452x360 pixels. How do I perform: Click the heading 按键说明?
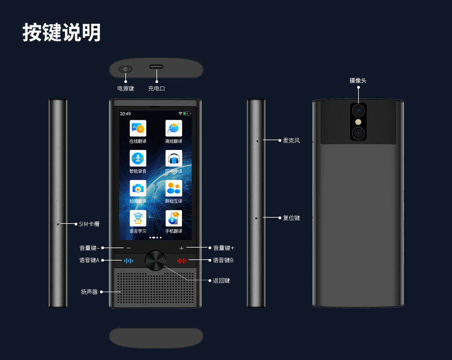point(62,32)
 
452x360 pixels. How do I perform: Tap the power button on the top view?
point(125,70)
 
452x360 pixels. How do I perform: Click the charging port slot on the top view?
point(156,67)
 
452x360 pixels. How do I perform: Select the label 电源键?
point(125,89)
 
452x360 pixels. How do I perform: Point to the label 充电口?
point(157,89)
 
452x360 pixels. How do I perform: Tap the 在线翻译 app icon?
point(138,128)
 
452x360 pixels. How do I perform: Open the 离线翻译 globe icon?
point(173,128)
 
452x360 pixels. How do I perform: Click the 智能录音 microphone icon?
point(138,158)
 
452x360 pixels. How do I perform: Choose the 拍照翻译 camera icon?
point(138,188)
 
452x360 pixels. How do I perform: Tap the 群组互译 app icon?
point(173,188)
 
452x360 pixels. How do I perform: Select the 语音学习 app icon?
point(138,218)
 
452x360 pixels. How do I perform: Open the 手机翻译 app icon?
point(173,218)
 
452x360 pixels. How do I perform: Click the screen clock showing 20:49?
point(125,114)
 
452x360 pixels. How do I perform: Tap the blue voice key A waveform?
point(129,261)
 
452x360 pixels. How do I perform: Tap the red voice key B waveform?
point(181,261)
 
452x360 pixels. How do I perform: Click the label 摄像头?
point(358,81)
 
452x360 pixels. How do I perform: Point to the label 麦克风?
point(292,140)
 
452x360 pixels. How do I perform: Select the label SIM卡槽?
point(89,224)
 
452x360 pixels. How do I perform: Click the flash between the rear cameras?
point(358,121)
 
